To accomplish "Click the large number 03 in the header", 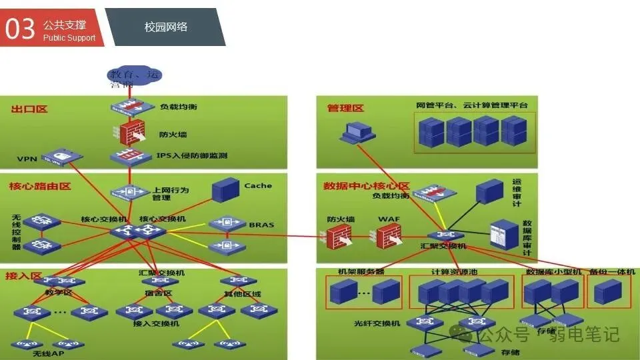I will pyautogui.click(x=20, y=28).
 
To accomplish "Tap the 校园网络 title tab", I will pyautogui.click(x=166, y=27).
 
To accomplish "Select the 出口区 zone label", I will pyautogui.click(x=29, y=109).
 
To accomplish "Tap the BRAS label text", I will pyautogui.click(x=261, y=225).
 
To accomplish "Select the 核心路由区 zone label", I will pyautogui.click(x=40, y=186).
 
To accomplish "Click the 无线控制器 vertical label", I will pyautogui.click(x=16, y=232).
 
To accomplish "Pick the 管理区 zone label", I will pyautogui.click(x=345, y=108).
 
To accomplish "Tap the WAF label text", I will pyautogui.click(x=388, y=219).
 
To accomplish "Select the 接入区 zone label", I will pyautogui.click(x=24, y=275).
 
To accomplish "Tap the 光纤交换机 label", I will pyautogui.click(x=377, y=323).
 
